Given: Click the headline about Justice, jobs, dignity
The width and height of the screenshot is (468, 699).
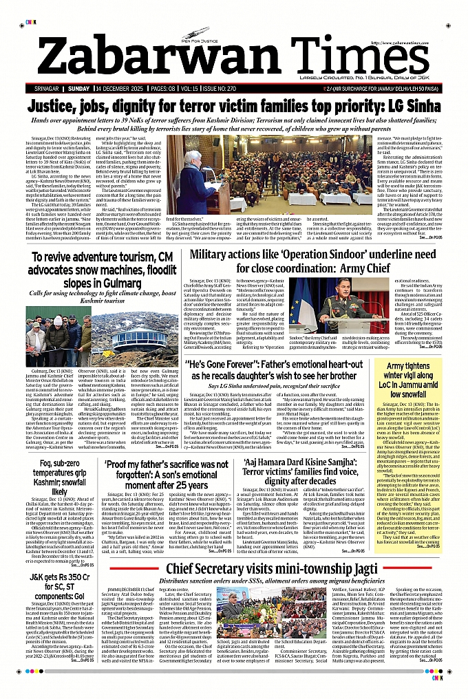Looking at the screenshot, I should (x=233, y=107).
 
